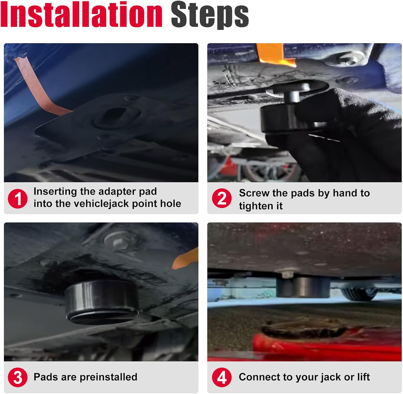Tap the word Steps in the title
[x=210, y=16]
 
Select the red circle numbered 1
[x=18, y=199]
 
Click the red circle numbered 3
[x=18, y=377]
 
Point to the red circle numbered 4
[x=222, y=377]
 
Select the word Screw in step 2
[x=254, y=193]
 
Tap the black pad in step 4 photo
[x=303, y=287]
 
